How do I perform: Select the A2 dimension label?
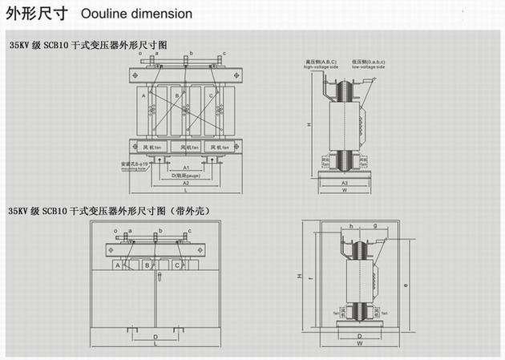(x=184, y=183)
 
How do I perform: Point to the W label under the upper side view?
(x=344, y=191)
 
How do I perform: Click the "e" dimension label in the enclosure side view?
(x=408, y=284)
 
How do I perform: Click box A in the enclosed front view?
(x=118, y=265)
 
